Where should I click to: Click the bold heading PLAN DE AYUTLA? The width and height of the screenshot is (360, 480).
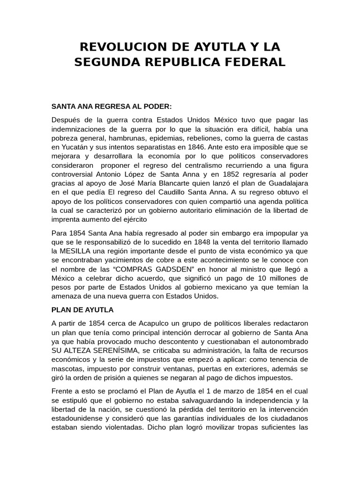(x=82, y=310)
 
